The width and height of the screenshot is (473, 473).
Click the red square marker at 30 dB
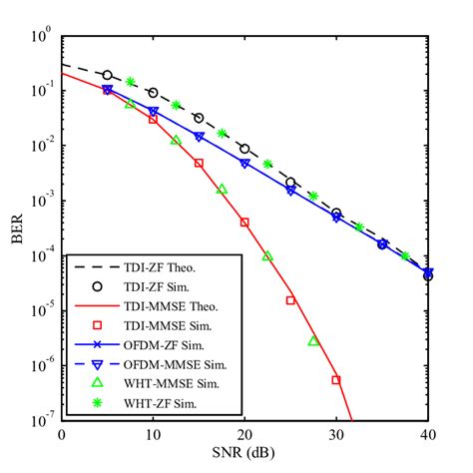coord(336,379)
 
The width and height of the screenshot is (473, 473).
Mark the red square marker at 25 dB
coord(290,299)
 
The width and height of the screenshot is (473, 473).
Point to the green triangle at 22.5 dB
coord(267,255)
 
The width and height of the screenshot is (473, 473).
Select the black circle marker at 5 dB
coord(108,75)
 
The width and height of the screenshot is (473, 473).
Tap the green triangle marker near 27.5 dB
coord(313,341)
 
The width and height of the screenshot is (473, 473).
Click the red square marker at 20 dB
coord(244,222)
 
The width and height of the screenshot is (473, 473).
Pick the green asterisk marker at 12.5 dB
coord(176,105)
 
